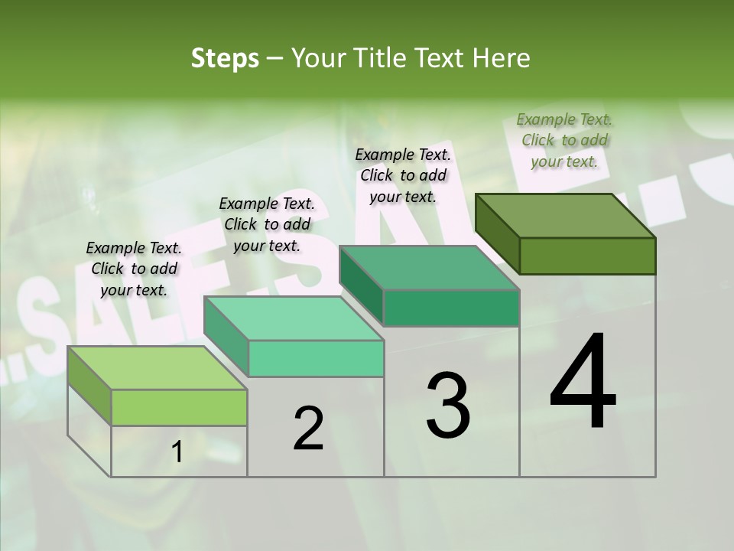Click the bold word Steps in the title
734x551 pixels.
pos(224,58)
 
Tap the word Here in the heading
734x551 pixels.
pos(502,58)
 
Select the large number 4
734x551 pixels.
pos(583,383)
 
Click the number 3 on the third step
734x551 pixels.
pos(448,406)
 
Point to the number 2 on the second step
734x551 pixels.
pos(308,429)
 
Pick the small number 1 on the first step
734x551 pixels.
pos(177,452)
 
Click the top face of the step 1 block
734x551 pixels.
pos(157,368)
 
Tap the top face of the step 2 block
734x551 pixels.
pos(293,318)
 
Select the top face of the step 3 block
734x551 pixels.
pos(428,268)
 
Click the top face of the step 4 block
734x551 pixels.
pos(564,216)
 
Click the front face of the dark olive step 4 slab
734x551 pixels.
pos(587,256)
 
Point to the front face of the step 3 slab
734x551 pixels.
pos(451,308)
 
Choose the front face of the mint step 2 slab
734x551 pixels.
pos(316,358)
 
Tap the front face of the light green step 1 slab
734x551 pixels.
pos(179,407)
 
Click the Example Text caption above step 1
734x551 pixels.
pos(134,269)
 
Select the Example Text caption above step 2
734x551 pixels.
pos(267,224)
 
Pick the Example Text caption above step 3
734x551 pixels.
pos(403,175)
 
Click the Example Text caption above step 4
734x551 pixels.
pos(564,140)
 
